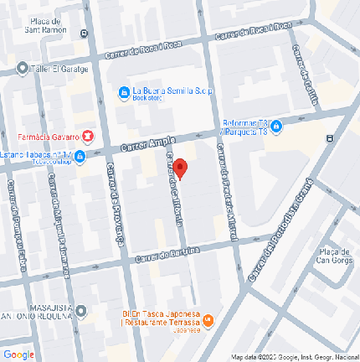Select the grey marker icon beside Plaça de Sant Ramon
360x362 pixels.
pos(84,34)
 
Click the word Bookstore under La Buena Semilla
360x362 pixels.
pos(147,98)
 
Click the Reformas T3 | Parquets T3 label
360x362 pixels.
pos(245,127)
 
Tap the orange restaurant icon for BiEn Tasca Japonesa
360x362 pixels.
pos(209,320)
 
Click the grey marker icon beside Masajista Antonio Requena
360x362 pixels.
pos(82,312)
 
